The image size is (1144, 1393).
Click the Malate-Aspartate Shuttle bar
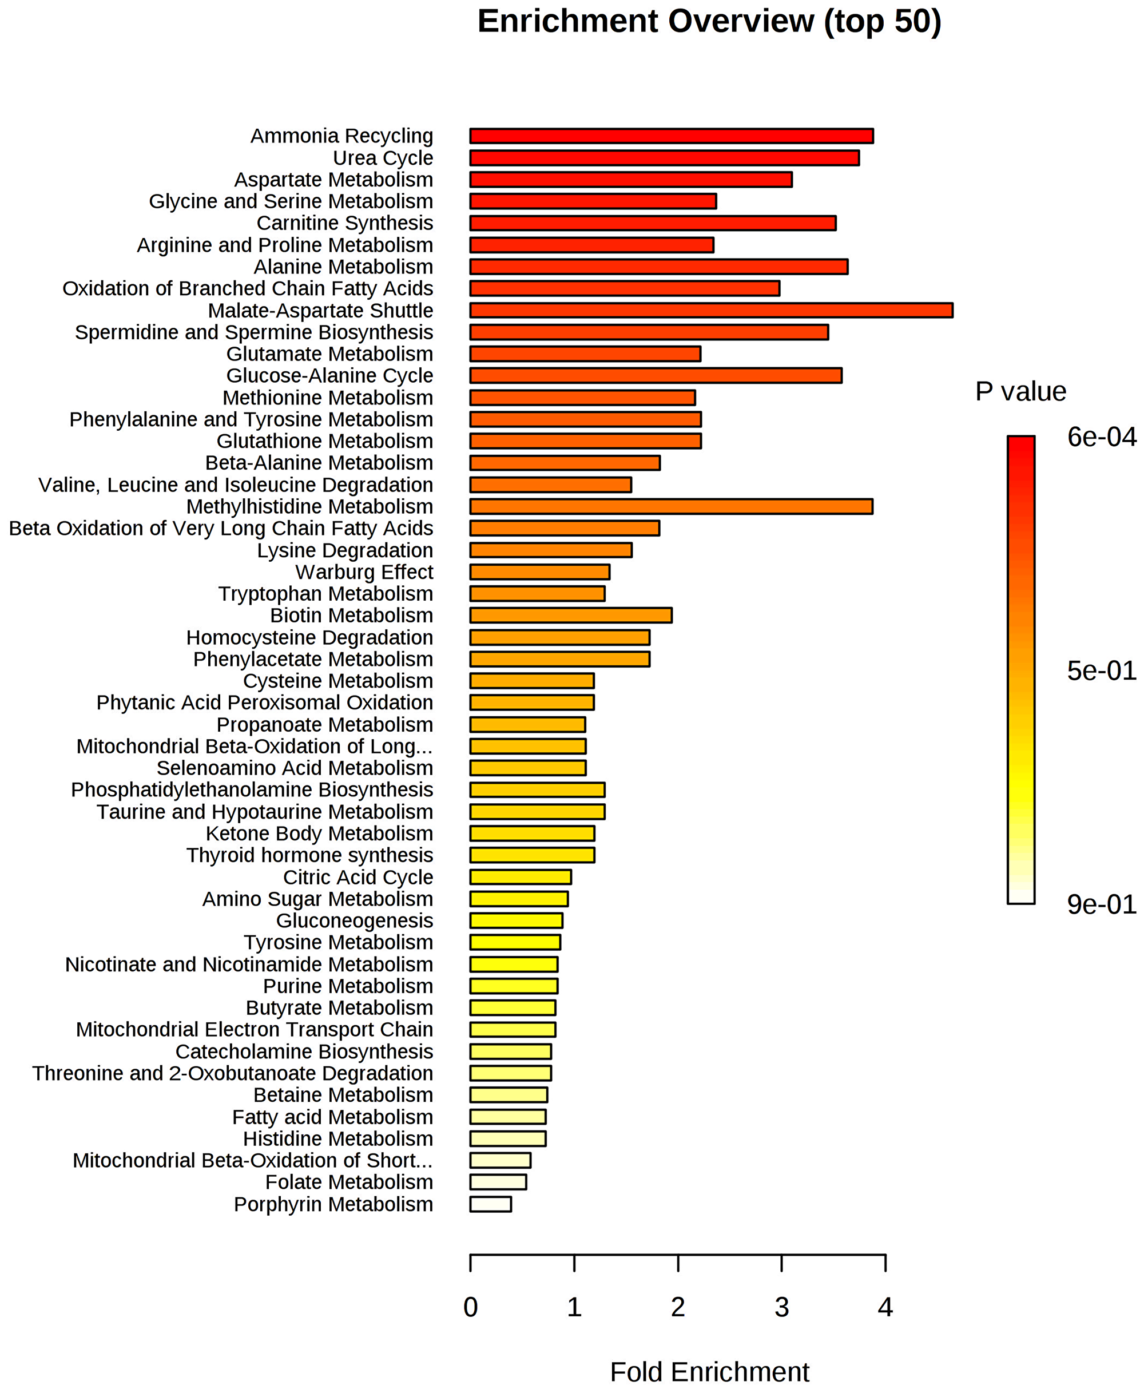coord(710,311)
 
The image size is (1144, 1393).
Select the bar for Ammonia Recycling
coord(671,136)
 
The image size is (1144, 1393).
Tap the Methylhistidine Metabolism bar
coord(671,507)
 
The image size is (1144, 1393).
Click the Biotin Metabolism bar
coord(571,616)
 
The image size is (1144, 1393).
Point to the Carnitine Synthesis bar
coord(653,223)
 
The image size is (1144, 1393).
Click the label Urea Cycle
coord(383,158)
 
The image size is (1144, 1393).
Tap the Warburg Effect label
coord(364,572)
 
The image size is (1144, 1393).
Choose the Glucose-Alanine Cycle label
coord(329,376)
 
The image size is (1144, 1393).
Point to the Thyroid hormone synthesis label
coord(309,855)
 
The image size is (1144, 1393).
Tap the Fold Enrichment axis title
coord(709,1372)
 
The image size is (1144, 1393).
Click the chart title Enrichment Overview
coord(709,21)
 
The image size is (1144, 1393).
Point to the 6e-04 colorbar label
coord(1101,438)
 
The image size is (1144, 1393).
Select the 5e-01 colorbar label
coord(1101,671)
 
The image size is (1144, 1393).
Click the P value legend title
coord(1020,391)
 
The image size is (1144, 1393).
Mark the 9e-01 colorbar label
coord(1101,904)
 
